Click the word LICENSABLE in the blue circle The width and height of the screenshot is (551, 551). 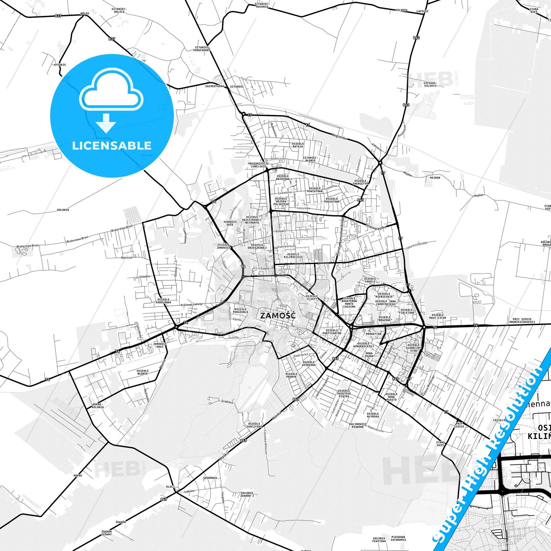[x=112, y=146]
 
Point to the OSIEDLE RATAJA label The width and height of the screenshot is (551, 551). [x=297, y=145]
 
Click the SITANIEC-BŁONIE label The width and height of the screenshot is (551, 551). [x=310, y=159]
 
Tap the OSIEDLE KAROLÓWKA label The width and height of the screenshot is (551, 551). [x=164, y=301]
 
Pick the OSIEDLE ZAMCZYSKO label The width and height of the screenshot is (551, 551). [x=254, y=425]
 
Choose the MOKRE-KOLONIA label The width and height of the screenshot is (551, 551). [x=98, y=406]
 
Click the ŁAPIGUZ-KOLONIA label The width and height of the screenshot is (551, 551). [x=430, y=84]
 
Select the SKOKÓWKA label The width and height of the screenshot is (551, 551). [x=210, y=478]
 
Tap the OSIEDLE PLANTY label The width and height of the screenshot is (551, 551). [x=312, y=297]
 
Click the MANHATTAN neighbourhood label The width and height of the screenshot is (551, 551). [x=373, y=334]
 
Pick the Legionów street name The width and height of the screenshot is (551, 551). [x=339, y=137]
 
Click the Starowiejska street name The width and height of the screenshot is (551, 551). [x=376, y=227]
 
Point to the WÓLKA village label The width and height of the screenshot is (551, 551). [x=85, y=13]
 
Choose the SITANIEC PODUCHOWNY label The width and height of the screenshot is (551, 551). [x=202, y=49]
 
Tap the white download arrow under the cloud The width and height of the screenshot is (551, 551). [x=106, y=123]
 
